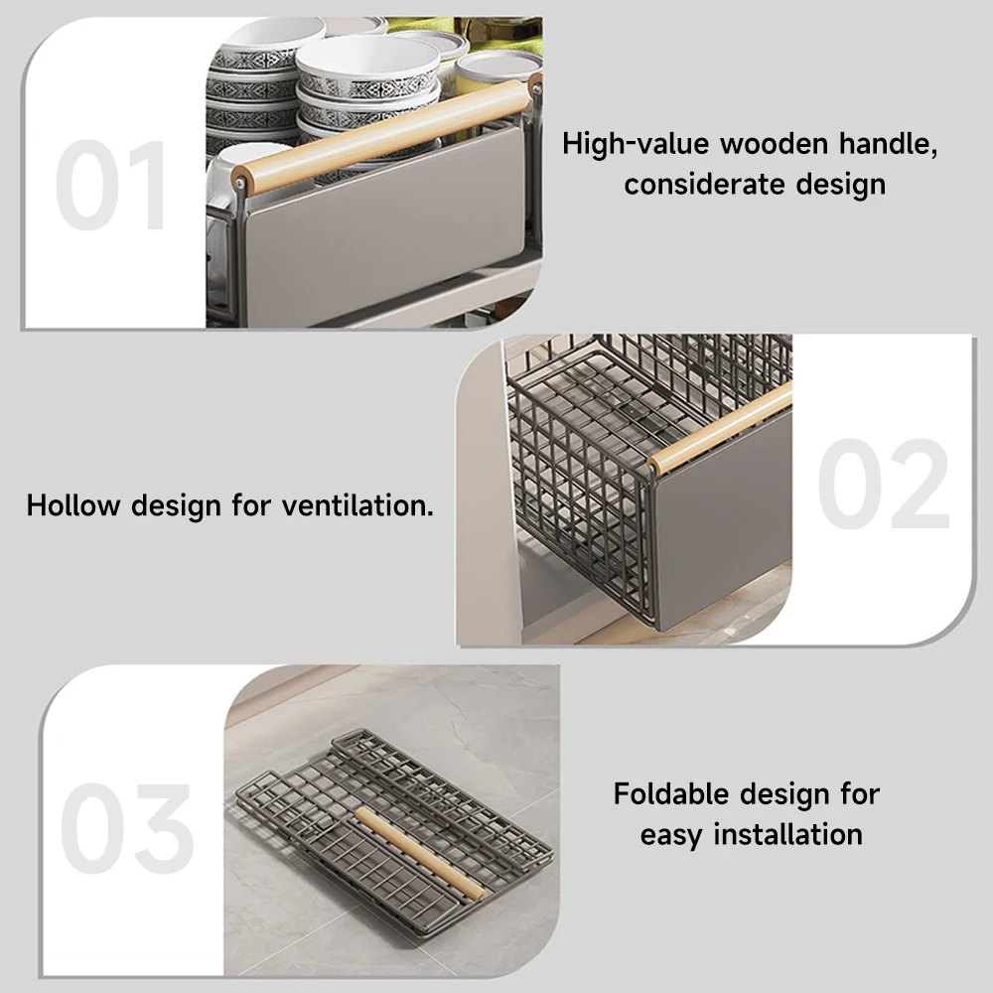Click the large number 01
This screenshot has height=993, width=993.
click(x=112, y=185)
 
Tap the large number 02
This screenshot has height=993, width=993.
click(x=884, y=484)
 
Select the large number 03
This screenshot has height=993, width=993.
click(x=127, y=828)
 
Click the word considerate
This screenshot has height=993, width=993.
click(x=704, y=185)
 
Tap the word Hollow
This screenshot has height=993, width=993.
click(x=73, y=505)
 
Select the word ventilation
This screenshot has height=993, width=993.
click(x=357, y=505)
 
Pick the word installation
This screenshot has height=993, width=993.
click(x=787, y=834)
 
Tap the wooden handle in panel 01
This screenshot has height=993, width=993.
click(x=384, y=135)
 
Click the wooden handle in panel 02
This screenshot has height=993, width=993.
click(x=720, y=427)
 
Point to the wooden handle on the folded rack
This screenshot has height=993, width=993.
click(x=421, y=852)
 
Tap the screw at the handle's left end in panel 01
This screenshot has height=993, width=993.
click(x=240, y=185)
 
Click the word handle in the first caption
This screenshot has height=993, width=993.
click(x=888, y=144)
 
